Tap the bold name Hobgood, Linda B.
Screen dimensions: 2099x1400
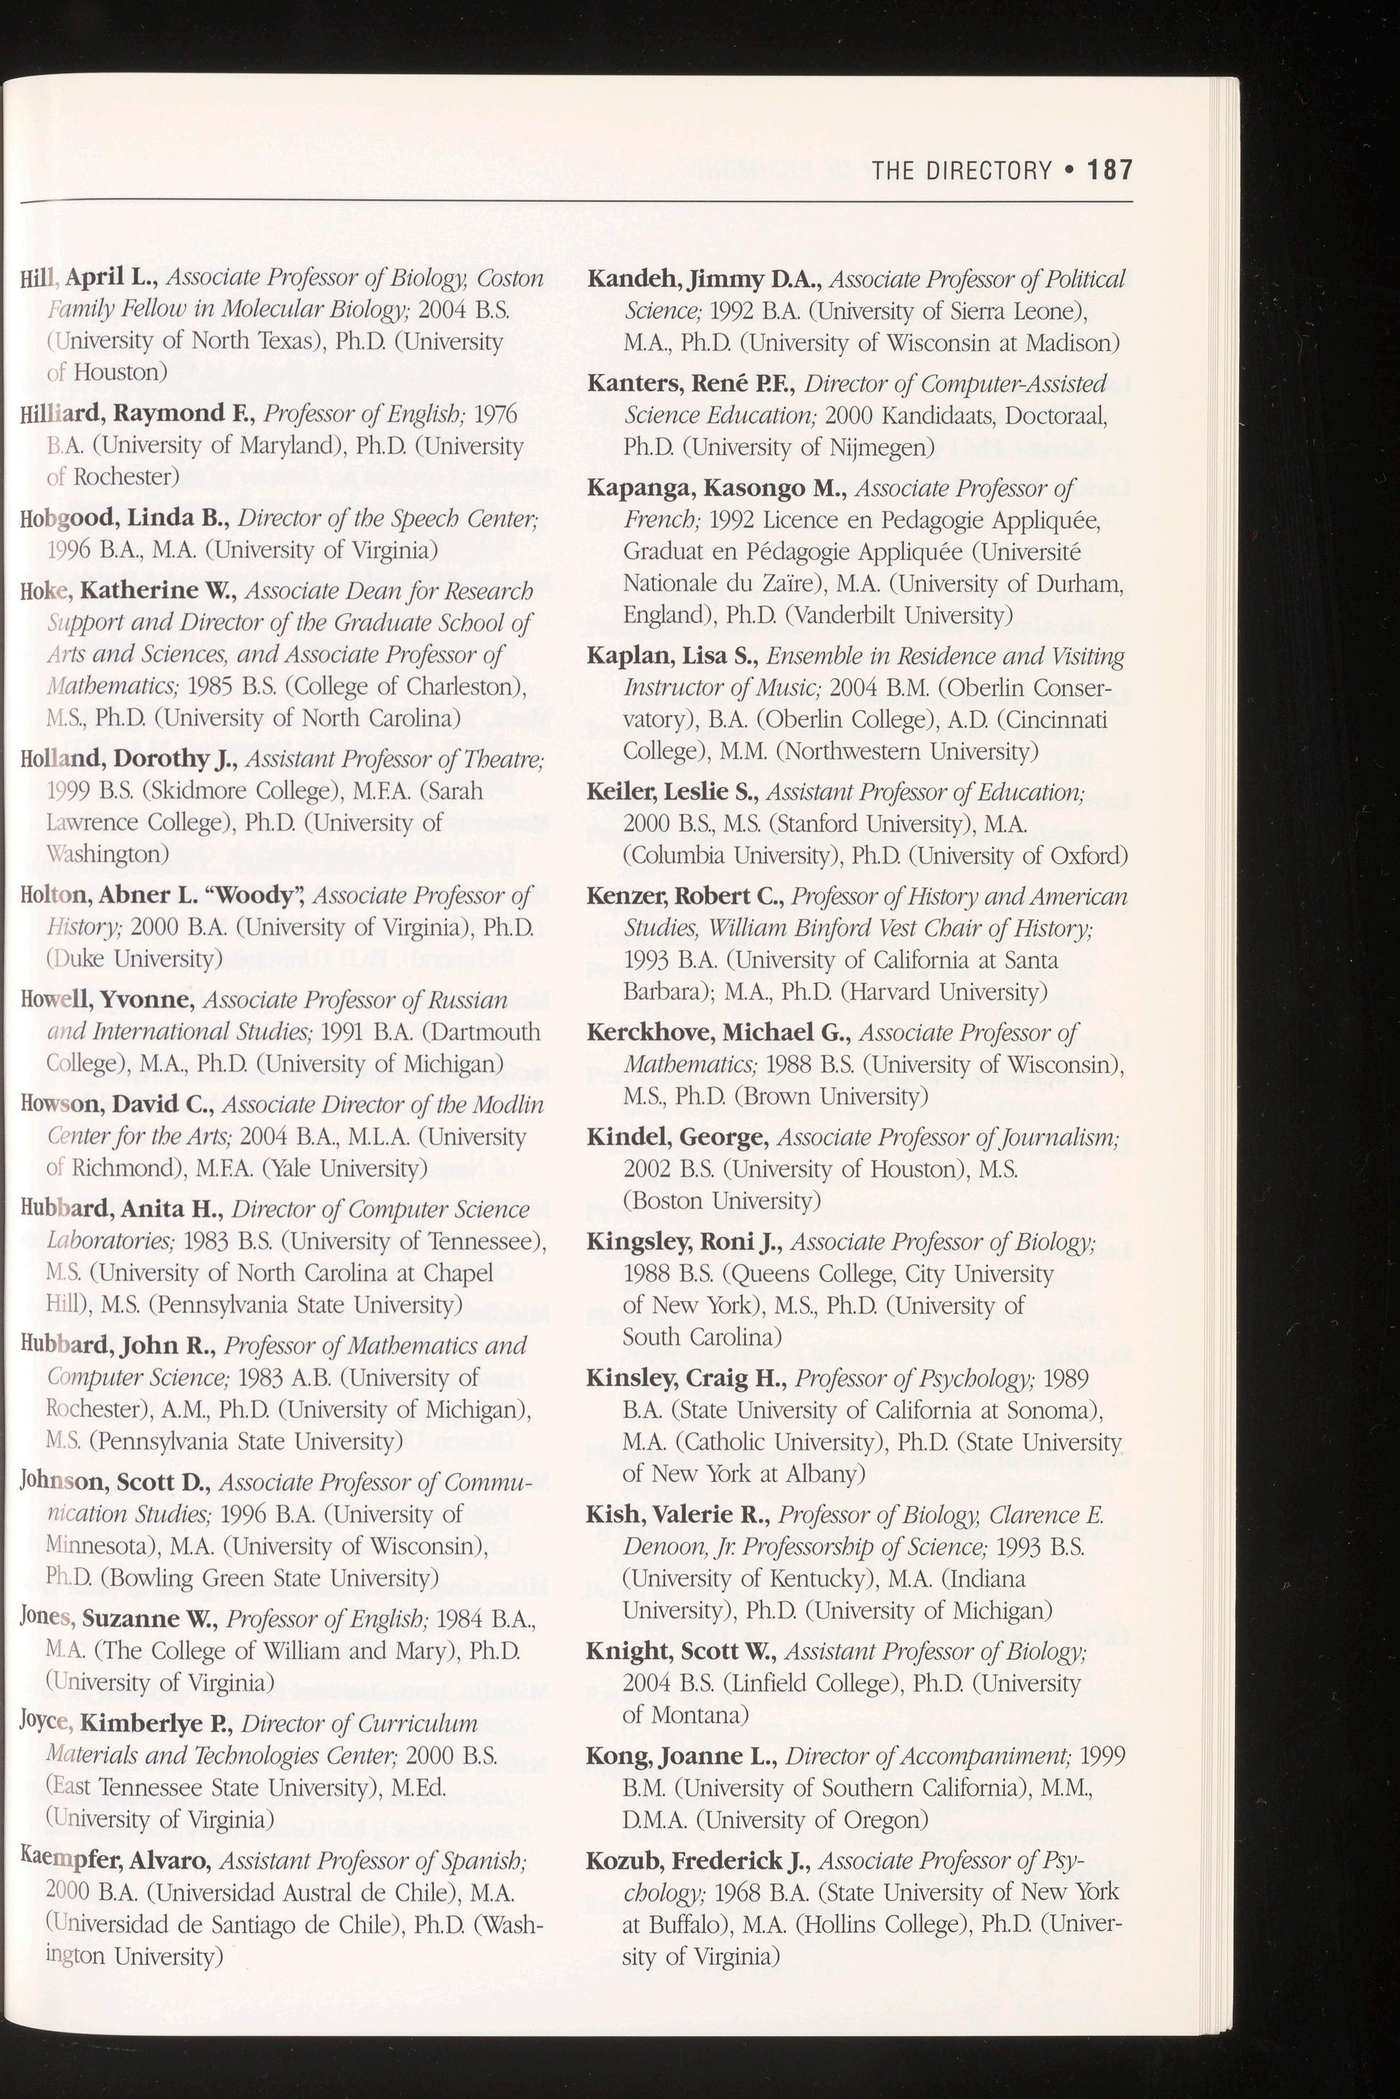point(120,518)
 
